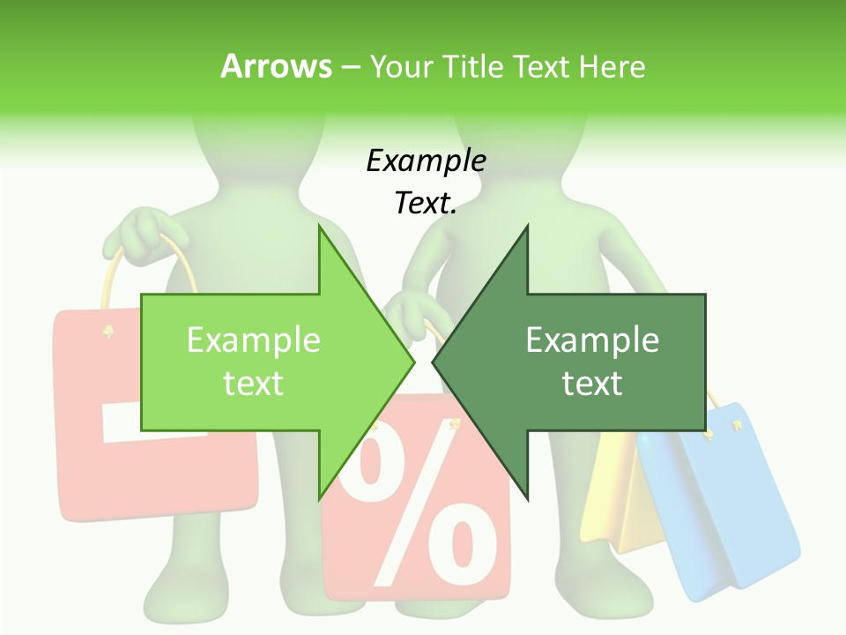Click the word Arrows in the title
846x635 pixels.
[276, 66]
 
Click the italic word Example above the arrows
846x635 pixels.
[426, 161]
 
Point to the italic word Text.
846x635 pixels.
[426, 204]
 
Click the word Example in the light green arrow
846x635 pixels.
[254, 340]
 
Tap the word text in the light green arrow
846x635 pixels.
[254, 383]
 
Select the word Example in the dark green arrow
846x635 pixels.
[592, 340]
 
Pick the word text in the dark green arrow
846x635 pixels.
[592, 383]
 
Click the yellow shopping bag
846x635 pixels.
[617, 503]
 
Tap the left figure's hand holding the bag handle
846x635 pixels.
[141, 231]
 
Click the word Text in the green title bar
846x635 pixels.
[540, 66]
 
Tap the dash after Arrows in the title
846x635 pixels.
[350, 67]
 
